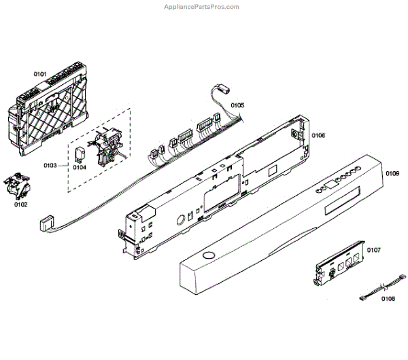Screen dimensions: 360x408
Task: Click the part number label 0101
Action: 40,73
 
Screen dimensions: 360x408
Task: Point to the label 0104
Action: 80,167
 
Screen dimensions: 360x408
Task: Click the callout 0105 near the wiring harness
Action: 237,105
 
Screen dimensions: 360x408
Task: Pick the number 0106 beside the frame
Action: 318,136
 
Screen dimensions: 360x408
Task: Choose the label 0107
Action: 373,251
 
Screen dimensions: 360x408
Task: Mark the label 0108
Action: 388,298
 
